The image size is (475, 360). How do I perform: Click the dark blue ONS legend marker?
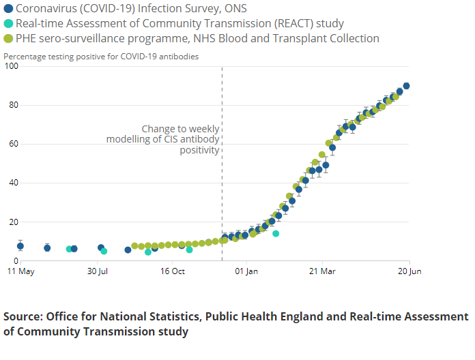[8, 8]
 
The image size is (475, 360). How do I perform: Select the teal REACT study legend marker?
[8, 23]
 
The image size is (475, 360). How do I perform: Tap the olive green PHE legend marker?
[8, 38]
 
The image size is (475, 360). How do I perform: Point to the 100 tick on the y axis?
[11, 66]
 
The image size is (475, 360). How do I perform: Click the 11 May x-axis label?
[20, 272]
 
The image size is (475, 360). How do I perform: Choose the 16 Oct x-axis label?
[173, 272]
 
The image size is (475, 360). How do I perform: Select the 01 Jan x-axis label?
[246, 272]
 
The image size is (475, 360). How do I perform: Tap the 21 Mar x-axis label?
[322, 272]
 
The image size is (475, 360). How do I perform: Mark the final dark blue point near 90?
[406, 86]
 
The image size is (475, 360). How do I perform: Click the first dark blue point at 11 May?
[20, 246]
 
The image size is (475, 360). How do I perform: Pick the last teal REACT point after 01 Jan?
[276, 234]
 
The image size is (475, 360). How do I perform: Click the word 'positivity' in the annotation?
[199, 150]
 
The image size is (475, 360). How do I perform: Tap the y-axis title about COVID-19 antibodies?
[101, 57]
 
